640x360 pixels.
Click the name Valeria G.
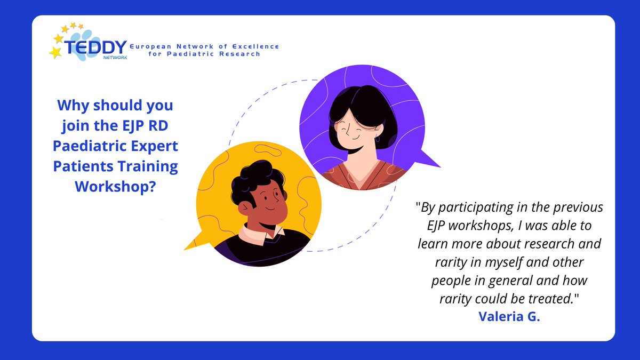tap(509, 316)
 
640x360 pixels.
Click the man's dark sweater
tap(267, 251)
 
